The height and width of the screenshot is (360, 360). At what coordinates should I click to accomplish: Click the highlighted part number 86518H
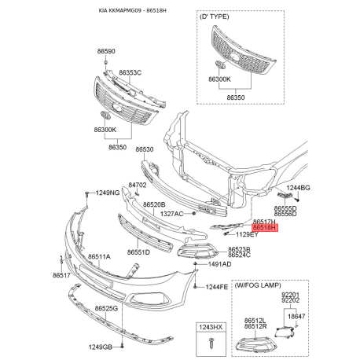coord(264,228)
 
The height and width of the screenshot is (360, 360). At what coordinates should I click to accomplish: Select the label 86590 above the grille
coord(106,51)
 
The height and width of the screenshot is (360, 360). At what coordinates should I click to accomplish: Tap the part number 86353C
coord(130,72)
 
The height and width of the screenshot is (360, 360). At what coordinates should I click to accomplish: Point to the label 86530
coord(145,149)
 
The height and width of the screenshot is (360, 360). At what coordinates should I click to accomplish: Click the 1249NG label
coord(108,193)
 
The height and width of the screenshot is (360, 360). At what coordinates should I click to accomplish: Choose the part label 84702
coord(138,185)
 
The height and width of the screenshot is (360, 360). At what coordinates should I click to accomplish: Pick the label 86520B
coord(154,204)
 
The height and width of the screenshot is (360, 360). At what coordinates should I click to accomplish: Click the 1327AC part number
coord(172,214)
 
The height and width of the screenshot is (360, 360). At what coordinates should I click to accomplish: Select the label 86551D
coord(138,252)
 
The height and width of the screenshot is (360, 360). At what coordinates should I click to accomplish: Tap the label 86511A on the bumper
coord(99,257)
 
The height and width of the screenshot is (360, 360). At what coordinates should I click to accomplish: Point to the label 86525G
coord(106,308)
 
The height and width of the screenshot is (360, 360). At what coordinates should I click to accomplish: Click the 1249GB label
coord(101,347)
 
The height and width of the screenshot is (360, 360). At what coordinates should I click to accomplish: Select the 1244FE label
coord(217,287)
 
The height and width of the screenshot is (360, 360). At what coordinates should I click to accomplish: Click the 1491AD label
coord(219,264)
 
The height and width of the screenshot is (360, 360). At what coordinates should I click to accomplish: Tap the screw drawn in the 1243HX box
coord(211,343)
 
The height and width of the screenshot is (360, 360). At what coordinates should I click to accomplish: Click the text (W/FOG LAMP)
coord(258,285)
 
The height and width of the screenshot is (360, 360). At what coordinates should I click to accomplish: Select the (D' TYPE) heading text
coord(215,17)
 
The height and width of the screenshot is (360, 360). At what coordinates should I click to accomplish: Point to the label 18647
coord(296,317)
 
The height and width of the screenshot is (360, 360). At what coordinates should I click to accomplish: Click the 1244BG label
coord(298,188)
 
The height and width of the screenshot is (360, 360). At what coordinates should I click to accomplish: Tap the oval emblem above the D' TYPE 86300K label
coord(219,64)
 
